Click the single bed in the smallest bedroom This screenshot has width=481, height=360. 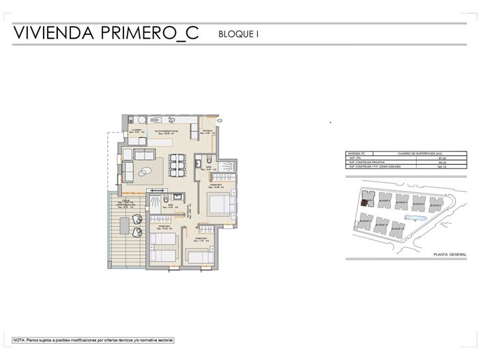coord(199,256)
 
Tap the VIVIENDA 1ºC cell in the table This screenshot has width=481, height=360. coord(358,153)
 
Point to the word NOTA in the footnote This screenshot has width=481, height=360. coord(18,339)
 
